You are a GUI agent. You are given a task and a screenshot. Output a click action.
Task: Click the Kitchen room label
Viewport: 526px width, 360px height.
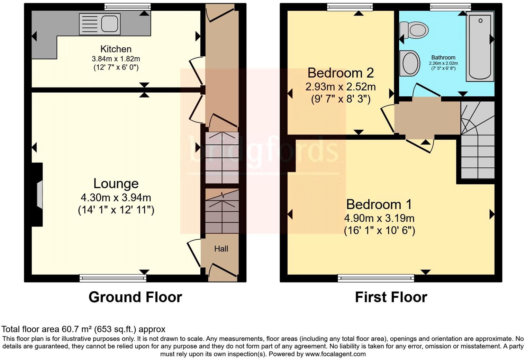click(x=116, y=49)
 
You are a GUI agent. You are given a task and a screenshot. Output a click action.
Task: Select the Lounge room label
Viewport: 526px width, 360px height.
click(x=116, y=183)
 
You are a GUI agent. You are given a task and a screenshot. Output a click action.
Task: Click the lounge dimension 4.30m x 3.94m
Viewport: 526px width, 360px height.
click(x=116, y=198)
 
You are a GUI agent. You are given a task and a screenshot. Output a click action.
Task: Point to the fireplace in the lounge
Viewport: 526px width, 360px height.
click(x=38, y=195)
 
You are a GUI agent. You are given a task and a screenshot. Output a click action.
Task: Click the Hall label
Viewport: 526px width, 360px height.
click(x=221, y=249)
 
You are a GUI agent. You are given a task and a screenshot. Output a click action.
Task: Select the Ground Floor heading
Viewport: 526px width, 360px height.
click(x=135, y=297)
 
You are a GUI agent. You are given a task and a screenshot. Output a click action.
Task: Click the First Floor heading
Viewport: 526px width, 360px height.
click(x=391, y=297)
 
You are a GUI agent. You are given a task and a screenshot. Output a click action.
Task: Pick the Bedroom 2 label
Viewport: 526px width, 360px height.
click(x=340, y=73)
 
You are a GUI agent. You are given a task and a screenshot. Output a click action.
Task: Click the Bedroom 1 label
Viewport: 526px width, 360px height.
click(x=379, y=204)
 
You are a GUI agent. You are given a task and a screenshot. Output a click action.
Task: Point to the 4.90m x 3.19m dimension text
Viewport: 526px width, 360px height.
click(x=379, y=219)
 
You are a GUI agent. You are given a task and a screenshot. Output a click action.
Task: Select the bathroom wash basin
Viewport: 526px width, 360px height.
click(x=409, y=63)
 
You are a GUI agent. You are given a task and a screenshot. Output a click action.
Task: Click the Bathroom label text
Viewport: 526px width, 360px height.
click(x=443, y=58)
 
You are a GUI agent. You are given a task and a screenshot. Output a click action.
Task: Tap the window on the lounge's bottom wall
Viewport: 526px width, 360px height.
click(x=113, y=278)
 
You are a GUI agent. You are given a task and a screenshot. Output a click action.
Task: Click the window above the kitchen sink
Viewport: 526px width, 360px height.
click(x=127, y=6)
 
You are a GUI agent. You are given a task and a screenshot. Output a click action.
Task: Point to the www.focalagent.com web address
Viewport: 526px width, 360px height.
click(x=335, y=354)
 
